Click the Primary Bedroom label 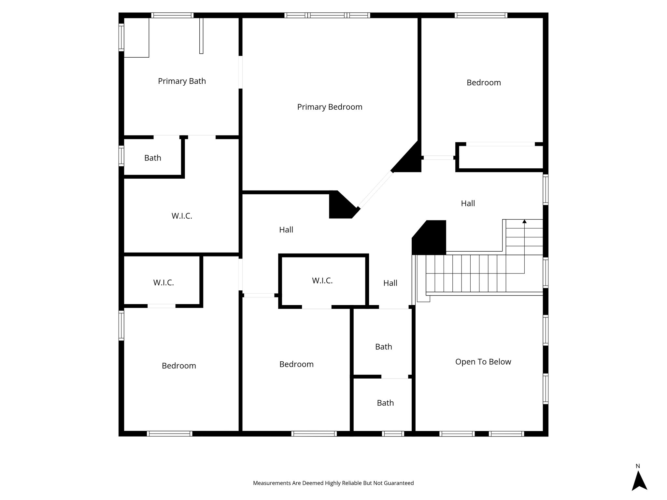click(330, 107)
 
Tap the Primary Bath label click(182, 81)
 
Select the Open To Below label click(483, 362)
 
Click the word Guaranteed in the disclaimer click(400, 483)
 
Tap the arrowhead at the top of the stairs click(524, 222)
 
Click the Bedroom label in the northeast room click(484, 83)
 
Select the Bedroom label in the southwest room click(179, 366)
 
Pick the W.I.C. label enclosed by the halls click(322, 281)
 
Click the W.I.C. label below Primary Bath click(182, 216)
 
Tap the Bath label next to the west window click(153, 158)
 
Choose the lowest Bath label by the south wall click(385, 403)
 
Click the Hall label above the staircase click(468, 203)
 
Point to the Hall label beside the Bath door click(390, 283)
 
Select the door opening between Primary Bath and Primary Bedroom click(241, 72)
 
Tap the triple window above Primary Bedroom click(327, 15)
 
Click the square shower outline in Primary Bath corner click(136, 37)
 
